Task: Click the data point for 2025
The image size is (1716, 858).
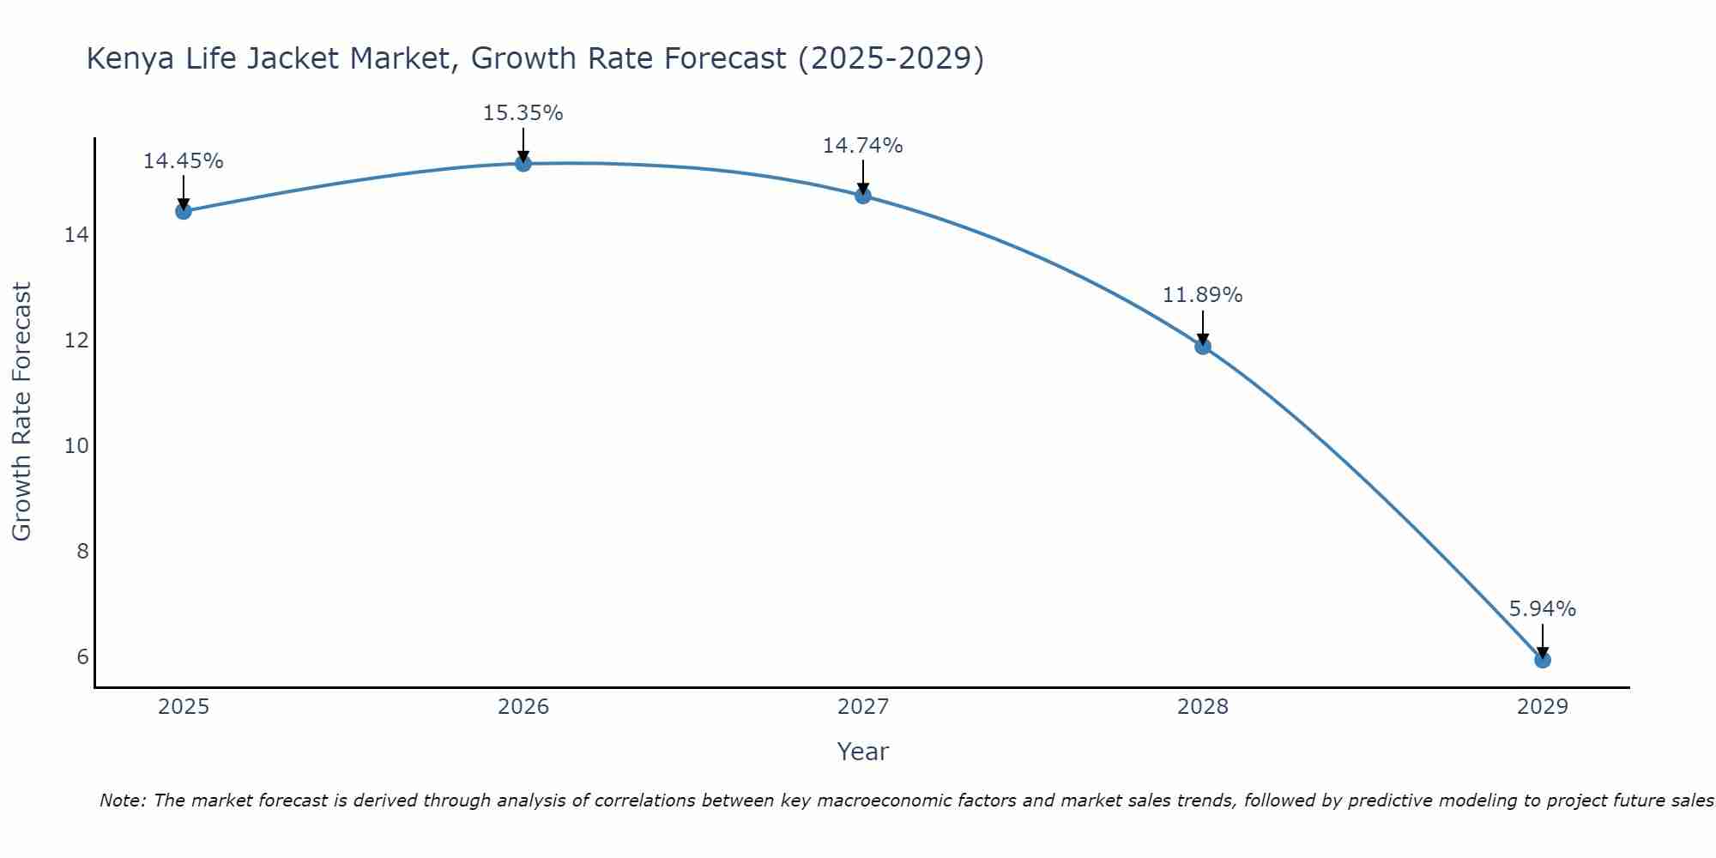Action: tap(183, 211)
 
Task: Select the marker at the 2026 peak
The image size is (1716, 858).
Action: tap(523, 163)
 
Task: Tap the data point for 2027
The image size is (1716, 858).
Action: tap(862, 196)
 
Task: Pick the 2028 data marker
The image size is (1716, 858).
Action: tap(1202, 346)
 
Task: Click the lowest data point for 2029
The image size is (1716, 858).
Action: tap(1542, 660)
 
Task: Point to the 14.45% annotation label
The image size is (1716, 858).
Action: tap(183, 161)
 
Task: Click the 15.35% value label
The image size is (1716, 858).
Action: tap(523, 113)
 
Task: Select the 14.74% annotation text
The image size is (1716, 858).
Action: tap(862, 146)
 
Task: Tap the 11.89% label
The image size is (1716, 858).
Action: tap(1202, 295)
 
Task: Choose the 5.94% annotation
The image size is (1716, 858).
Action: tap(1542, 609)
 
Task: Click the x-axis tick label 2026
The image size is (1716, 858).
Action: tap(523, 707)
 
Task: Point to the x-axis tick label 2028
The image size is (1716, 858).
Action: tap(1202, 707)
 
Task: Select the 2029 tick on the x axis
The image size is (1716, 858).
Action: tap(1542, 707)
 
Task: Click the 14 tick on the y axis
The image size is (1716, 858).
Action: tap(76, 235)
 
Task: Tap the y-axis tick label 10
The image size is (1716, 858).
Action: tap(76, 446)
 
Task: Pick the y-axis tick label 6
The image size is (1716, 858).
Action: tap(82, 657)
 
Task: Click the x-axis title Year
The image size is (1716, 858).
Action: tap(862, 752)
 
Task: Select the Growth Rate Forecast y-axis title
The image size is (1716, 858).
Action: tap(21, 412)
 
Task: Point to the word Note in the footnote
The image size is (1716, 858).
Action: tap(123, 801)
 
